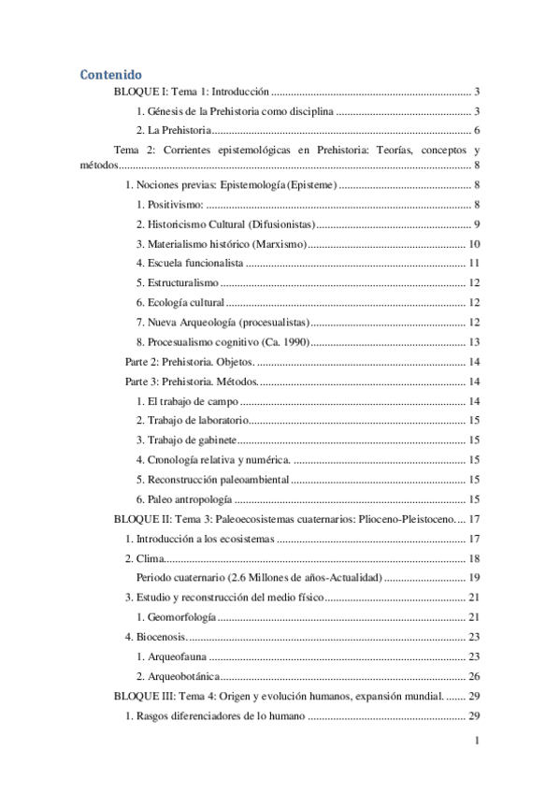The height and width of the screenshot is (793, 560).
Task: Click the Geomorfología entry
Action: coord(181,617)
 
